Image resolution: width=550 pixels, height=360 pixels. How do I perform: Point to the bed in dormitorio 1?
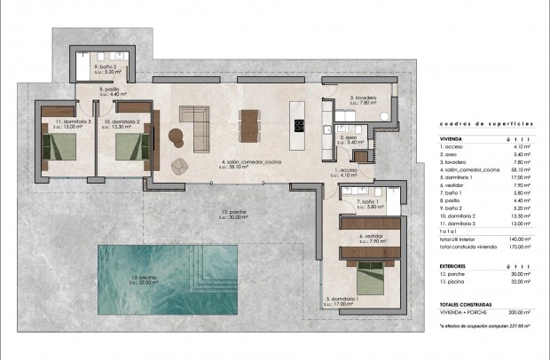pos(369,283)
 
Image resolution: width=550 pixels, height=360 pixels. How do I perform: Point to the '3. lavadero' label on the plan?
pos(365,98)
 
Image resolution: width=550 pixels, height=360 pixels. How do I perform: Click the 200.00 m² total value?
pos(522,312)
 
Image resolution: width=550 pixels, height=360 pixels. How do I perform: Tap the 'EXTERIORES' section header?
pos(454,265)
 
